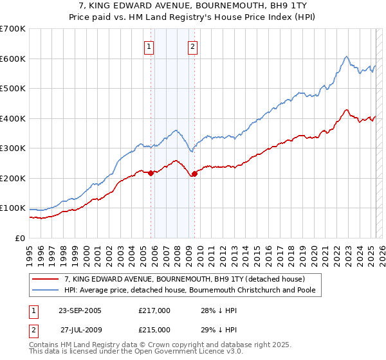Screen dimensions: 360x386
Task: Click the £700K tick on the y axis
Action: click(13, 29)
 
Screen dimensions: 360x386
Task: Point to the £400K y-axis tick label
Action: click(13, 118)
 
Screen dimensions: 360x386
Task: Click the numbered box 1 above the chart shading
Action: click(149, 46)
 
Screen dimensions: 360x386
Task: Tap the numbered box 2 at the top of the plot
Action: click(192, 46)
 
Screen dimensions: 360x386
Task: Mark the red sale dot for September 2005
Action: click(151, 173)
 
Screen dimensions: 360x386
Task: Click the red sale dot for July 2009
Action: click(194, 174)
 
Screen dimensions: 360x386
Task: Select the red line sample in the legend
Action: click(45, 279)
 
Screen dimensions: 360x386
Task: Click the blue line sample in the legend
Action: click(45, 290)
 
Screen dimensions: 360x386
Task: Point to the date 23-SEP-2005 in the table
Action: click(80, 310)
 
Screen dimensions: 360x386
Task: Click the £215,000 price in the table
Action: click(154, 330)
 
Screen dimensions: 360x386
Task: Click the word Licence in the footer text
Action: click(187, 352)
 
